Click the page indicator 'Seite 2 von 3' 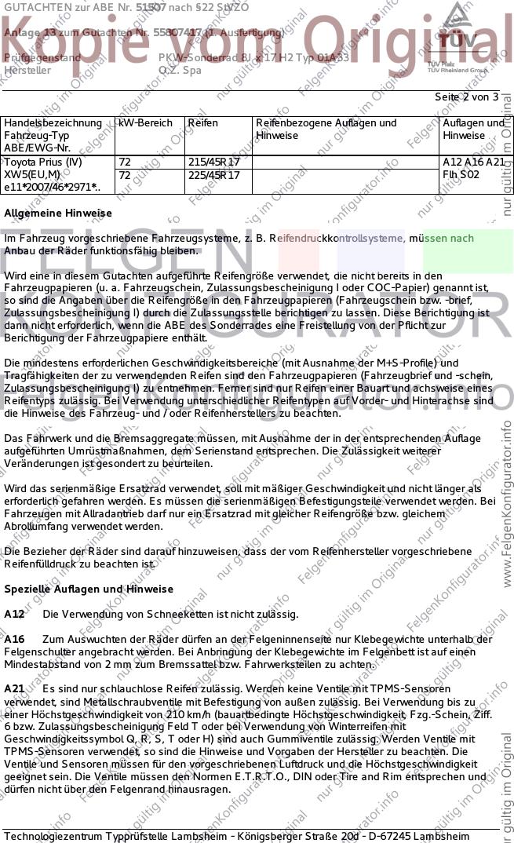466,97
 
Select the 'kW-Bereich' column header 143,123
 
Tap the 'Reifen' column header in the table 202,123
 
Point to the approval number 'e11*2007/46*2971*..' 52,188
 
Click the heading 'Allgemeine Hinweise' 58,213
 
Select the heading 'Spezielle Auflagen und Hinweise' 89,589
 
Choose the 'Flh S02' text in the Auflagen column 461,175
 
